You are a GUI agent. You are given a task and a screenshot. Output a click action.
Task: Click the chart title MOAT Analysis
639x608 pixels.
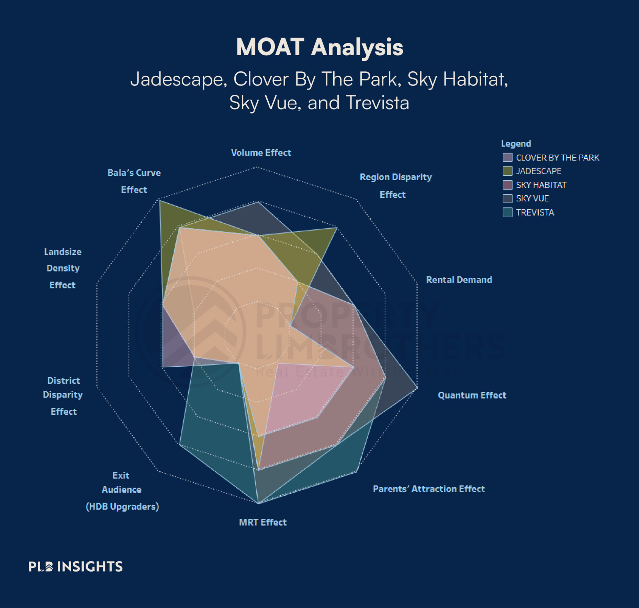(x=319, y=47)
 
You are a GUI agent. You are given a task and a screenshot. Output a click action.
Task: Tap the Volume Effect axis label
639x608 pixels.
(x=261, y=153)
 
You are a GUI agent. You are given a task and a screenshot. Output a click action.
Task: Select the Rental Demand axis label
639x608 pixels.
(x=459, y=280)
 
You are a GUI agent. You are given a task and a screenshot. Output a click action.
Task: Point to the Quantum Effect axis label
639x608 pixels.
(x=472, y=395)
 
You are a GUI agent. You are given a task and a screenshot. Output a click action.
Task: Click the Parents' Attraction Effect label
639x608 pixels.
(x=429, y=489)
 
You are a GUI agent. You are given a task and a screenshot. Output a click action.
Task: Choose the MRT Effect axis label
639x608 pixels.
(x=262, y=522)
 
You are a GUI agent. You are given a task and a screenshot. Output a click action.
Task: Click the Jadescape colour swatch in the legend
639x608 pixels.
(x=507, y=171)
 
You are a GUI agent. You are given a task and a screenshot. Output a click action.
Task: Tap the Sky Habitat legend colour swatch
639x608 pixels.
(x=507, y=185)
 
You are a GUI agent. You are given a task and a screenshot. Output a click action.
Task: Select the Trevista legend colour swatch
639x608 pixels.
(x=507, y=213)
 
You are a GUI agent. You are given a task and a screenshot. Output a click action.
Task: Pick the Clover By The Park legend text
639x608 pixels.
(x=557, y=158)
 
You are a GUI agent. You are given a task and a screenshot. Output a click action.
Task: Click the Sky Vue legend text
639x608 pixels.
(x=532, y=198)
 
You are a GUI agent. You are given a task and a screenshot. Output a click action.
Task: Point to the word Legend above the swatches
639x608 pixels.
(x=516, y=144)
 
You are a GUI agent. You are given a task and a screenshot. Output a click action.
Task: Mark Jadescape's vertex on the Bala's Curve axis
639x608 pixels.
(x=160, y=201)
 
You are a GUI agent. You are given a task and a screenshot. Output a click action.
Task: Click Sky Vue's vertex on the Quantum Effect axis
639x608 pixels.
(x=417, y=388)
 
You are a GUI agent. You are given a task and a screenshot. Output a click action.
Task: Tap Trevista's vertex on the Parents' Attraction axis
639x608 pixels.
(x=357, y=472)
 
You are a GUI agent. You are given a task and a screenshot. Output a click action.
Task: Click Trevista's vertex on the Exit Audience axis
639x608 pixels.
(x=180, y=445)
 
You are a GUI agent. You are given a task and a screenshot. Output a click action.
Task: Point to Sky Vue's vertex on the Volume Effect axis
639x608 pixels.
(x=258, y=202)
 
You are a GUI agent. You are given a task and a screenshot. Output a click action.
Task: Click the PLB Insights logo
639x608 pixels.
(x=76, y=566)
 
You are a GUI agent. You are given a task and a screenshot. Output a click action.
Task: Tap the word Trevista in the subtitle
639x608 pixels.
(x=377, y=103)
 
